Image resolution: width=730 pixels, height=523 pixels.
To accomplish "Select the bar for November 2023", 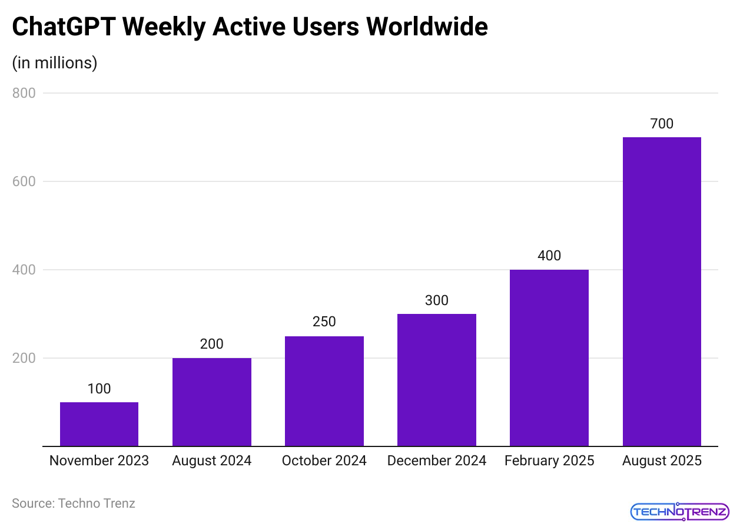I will pos(99,424).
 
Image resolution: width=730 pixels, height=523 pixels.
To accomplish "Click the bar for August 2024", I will pos(211,402).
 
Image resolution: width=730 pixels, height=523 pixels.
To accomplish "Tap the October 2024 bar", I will pos(324,391).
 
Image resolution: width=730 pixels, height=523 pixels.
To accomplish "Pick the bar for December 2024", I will pos(436,380).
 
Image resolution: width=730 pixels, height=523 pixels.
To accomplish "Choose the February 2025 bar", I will pos(549,358).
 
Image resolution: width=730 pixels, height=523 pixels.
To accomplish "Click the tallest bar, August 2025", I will pos(661,292).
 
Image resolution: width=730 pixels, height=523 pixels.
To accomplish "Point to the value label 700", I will pos(661,124).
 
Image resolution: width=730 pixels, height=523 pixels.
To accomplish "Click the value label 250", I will pos(324,322).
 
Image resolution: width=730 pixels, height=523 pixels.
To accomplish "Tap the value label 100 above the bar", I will pos(99,389).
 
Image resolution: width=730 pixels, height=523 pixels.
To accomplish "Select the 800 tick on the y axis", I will pos(24,93).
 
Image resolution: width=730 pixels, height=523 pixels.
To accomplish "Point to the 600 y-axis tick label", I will pos(24,181).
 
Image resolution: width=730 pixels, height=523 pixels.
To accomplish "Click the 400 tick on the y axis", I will pos(24,270).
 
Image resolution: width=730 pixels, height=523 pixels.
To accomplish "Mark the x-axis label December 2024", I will pos(436,461).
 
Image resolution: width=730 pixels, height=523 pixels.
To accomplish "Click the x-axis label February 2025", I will pos(549,461).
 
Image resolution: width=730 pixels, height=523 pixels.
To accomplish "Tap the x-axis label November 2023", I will pos(99,461).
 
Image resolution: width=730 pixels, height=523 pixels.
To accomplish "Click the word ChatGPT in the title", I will pos(65,27).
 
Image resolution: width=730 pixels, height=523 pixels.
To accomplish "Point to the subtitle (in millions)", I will pos(54,62).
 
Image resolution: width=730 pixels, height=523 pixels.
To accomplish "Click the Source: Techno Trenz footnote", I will pos(74,504).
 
